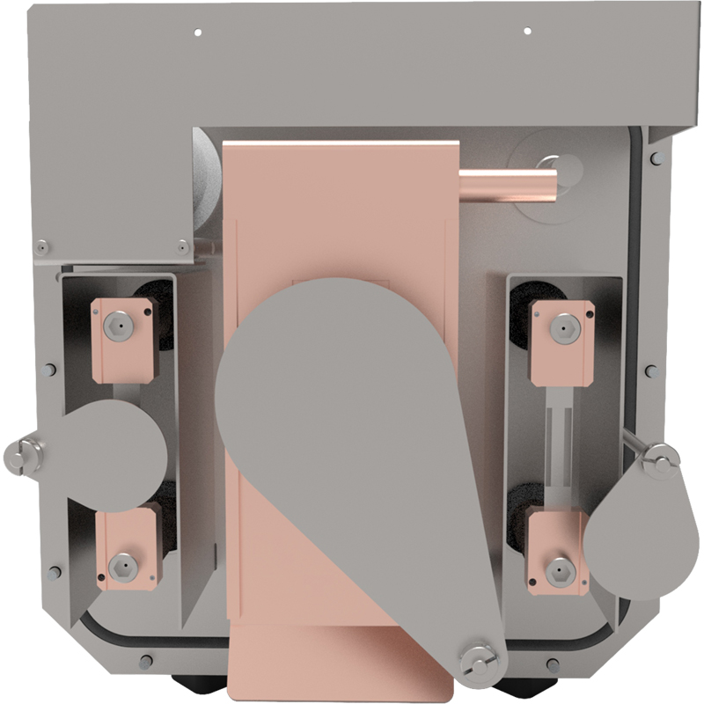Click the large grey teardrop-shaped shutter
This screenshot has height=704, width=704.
(352, 414)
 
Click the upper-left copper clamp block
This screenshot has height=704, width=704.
(123, 339)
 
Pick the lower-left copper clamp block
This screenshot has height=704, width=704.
(128, 546)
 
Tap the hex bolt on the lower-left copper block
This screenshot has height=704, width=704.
(122, 561)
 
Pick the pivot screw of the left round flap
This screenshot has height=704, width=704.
(23, 455)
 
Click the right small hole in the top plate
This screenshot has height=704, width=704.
(527, 32)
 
